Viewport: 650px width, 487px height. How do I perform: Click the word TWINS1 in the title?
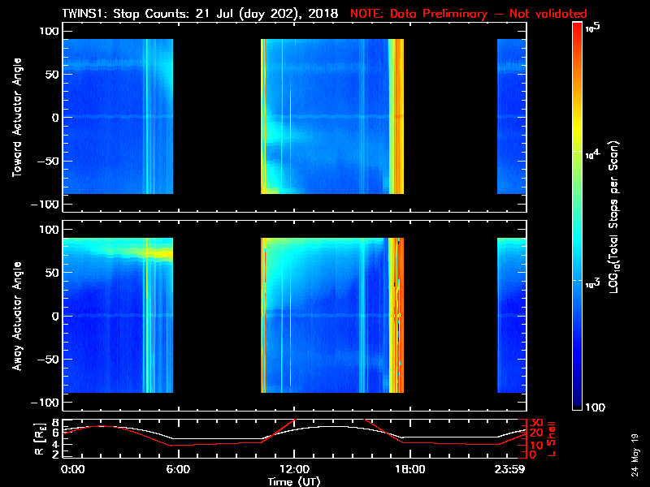click(84, 15)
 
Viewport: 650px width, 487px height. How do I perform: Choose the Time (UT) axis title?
click(293, 481)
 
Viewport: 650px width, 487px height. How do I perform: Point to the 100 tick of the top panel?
click(48, 31)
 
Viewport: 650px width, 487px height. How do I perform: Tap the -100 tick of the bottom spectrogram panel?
click(45, 403)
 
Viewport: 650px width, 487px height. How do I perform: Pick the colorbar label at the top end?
click(594, 28)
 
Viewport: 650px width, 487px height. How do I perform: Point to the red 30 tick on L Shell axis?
click(536, 423)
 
